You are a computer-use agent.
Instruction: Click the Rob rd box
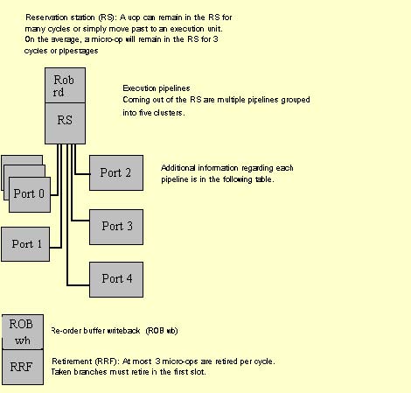pyautogui.click(x=65, y=86)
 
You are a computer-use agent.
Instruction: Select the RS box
pyautogui.click(x=65, y=123)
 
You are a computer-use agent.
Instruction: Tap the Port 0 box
pyautogui.click(x=30, y=194)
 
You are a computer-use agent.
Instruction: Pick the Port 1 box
pyautogui.click(x=25, y=244)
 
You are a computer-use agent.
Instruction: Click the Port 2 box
pyautogui.click(x=116, y=172)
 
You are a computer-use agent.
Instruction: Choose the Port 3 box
pyautogui.click(x=116, y=227)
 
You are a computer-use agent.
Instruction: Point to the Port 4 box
pyautogui.click(x=116, y=279)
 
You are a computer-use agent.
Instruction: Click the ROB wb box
pyautogui.click(x=23, y=332)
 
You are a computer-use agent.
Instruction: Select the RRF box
pyautogui.click(x=23, y=367)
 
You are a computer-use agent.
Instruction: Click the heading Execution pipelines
pyautogui.click(x=157, y=88)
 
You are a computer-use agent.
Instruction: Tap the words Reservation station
pyautogui.click(x=59, y=18)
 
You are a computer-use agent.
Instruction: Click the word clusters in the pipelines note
pyautogui.click(x=169, y=113)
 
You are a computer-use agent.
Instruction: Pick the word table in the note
pyautogui.click(x=265, y=179)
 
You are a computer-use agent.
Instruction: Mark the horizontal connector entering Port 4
pyautogui.click(x=78, y=285)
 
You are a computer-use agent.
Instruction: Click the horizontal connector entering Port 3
pyautogui.click(x=80, y=221)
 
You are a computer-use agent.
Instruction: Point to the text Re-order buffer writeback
pyautogui.click(x=95, y=331)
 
